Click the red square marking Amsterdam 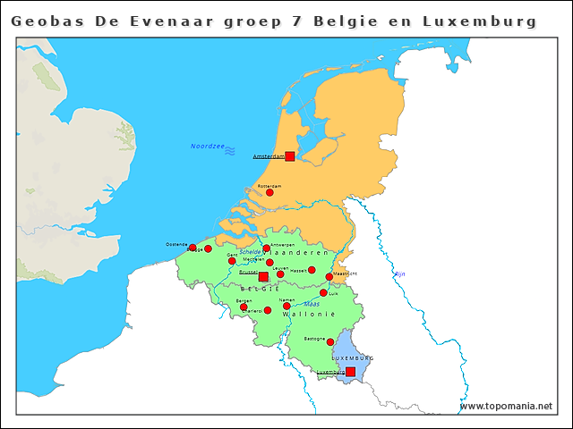[x=289, y=156]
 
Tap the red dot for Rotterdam [x=269, y=192]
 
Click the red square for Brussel [x=262, y=277]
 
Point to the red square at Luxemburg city [x=350, y=371]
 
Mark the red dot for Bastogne [x=330, y=342]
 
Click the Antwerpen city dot [x=266, y=248]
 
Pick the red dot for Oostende [x=192, y=248]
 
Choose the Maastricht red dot [x=329, y=277]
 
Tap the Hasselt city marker [x=312, y=270]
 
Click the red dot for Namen [x=286, y=306]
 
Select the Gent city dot [x=232, y=261]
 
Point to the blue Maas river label [x=312, y=304]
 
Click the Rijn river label [x=400, y=273]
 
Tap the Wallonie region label [x=309, y=315]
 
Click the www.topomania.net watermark [x=506, y=407]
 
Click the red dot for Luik [x=323, y=292]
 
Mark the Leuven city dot [x=280, y=273]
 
